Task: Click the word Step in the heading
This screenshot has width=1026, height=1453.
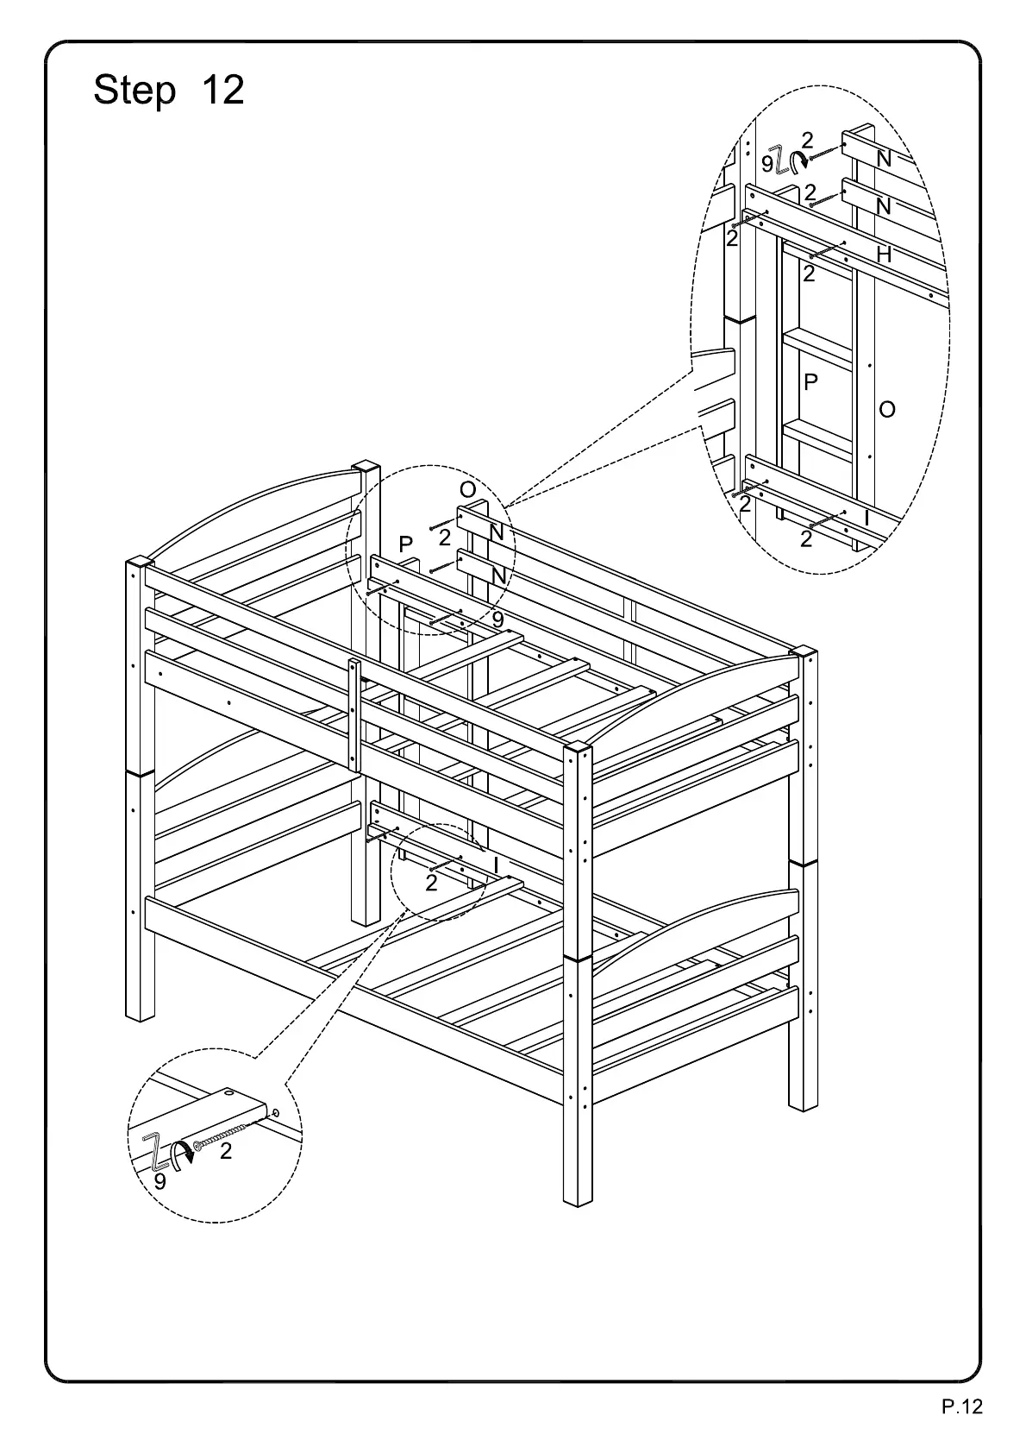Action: (x=135, y=91)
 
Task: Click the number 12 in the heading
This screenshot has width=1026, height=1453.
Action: (x=222, y=91)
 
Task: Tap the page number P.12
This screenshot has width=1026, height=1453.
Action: (x=961, y=1407)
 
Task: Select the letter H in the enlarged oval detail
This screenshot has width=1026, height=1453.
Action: (x=884, y=255)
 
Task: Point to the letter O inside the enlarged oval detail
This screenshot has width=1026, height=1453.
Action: (x=887, y=410)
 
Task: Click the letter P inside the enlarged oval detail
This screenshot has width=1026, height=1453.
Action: (x=810, y=382)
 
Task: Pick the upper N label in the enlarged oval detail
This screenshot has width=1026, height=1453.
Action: (x=884, y=159)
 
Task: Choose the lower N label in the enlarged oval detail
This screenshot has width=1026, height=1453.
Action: (x=884, y=207)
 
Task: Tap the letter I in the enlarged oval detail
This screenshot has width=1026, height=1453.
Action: (x=866, y=519)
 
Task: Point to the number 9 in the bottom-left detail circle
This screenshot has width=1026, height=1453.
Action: (x=160, y=1181)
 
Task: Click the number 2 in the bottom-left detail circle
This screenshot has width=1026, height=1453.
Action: (x=226, y=1151)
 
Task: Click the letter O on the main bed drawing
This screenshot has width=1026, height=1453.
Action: (x=468, y=490)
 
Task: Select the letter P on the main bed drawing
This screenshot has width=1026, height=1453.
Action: (x=406, y=544)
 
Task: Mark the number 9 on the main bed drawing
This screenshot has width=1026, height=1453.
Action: (x=497, y=619)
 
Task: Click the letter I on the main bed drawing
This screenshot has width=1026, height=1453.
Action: (x=496, y=863)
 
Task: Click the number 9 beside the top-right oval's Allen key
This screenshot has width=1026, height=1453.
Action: (x=767, y=163)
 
